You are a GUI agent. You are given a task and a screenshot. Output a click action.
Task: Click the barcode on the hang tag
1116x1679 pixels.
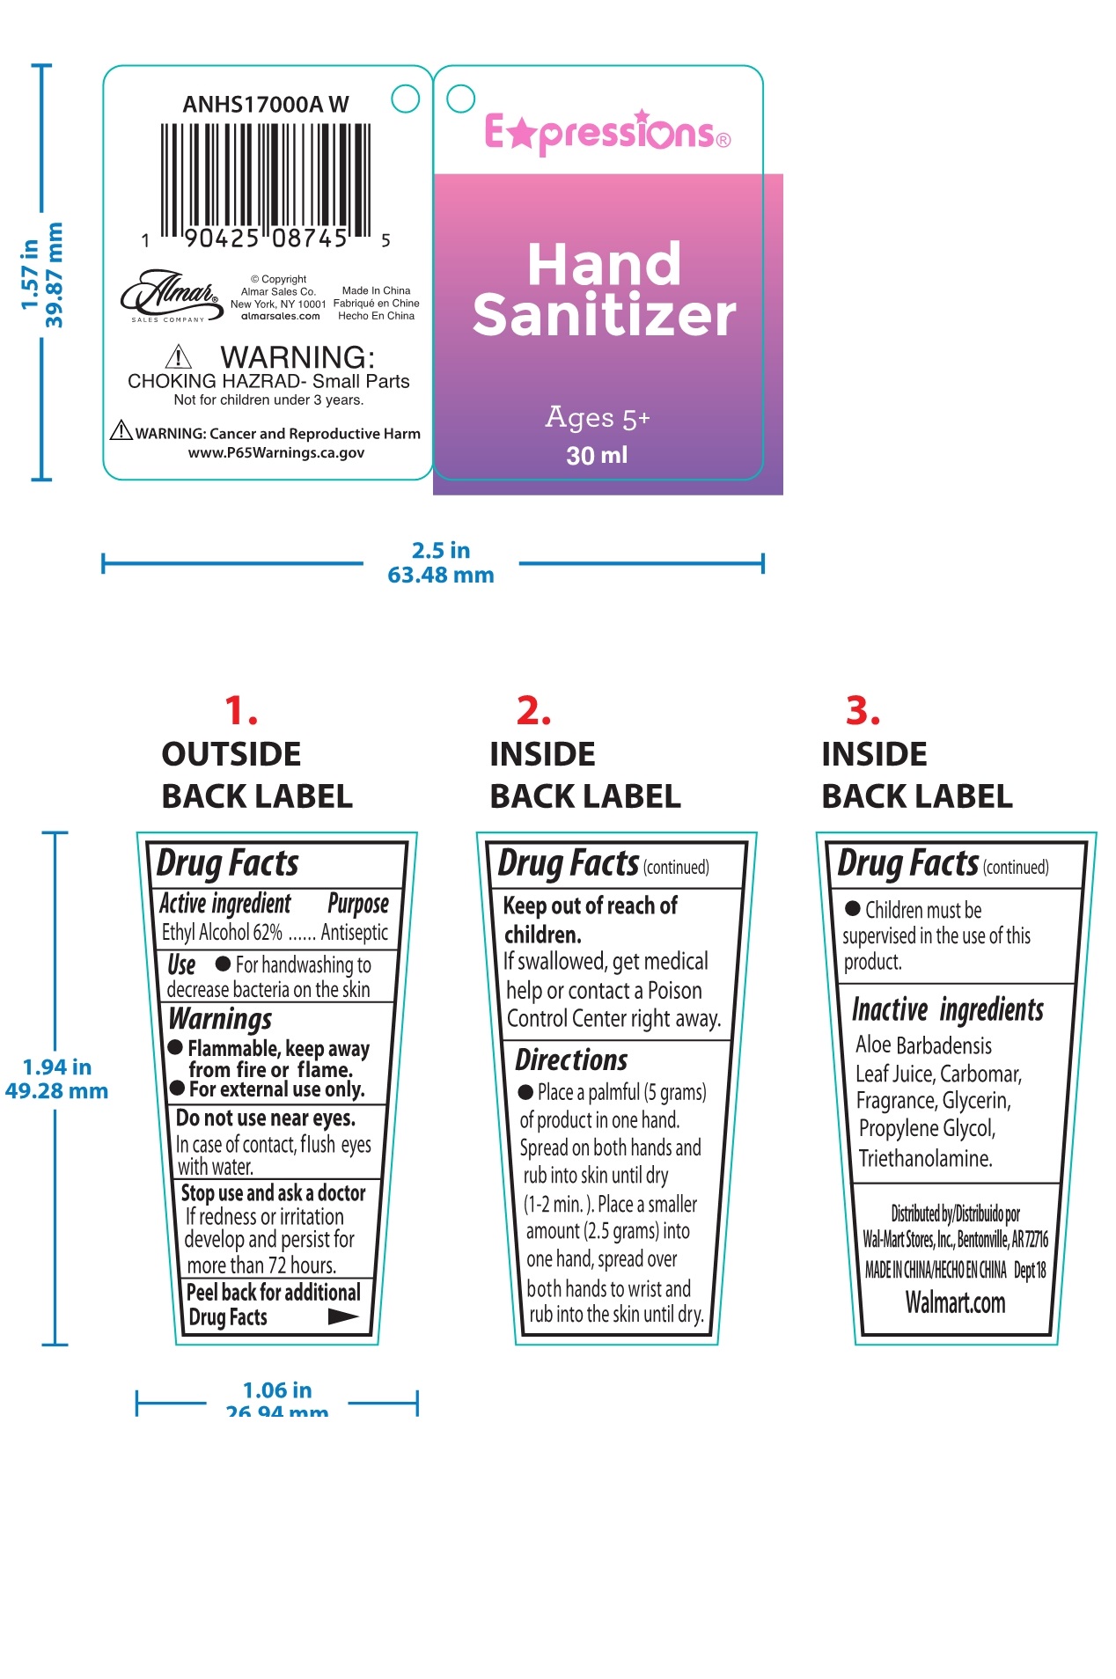pyautogui.click(x=265, y=180)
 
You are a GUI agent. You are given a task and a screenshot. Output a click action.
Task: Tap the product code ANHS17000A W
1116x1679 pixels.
pyautogui.click(x=265, y=105)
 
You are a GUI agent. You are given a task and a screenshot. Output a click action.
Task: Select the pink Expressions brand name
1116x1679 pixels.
pyautogui.click(x=606, y=133)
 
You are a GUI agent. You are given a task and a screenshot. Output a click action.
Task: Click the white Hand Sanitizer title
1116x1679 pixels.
pyautogui.click(x=604, y=290)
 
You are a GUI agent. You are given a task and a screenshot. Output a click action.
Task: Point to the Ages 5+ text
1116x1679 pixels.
pyautogui.click(x=598, y=417)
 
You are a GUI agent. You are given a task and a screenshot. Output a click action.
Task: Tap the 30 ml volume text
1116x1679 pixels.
pyautogui.click(x=597, y=456)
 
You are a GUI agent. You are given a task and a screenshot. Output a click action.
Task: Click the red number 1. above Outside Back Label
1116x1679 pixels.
pyautogui.click(x=240, y=711)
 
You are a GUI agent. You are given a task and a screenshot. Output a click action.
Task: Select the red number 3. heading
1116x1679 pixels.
pyautogui.click(x=863, y=711)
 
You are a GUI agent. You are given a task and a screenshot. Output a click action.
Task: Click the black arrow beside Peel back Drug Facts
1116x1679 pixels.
pyautogui.click(x=342, y=1316)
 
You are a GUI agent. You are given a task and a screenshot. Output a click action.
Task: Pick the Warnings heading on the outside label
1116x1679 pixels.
pyautogui.click(x=220, y=1019)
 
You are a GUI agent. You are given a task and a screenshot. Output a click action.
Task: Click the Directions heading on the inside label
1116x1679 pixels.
pyautogui.click(x=571, y=1059)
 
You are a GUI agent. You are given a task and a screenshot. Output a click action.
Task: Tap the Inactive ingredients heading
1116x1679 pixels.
pyautogui.click(x=947, y=1010)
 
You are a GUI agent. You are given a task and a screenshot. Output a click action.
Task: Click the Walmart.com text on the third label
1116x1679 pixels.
pyautogui.click(x=955, y=1302)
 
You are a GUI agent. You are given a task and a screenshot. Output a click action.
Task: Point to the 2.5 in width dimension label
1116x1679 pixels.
pyautogui.click(x=441, y=551)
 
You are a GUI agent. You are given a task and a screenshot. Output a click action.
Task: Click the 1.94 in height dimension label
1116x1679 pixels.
pyautogui.click(x=57, y=1067)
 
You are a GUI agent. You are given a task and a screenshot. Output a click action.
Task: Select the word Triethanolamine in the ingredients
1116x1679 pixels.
pyautogui.click(x=925, y=1158)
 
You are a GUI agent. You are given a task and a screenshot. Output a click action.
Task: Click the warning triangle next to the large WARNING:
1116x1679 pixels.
pyautogui.click(x=179, y=356)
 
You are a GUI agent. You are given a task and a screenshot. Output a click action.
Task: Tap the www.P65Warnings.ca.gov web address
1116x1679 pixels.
pyautogui.click(x=276, y=453)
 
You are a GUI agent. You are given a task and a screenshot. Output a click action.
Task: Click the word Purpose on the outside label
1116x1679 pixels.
pyautogui.click(x=357, y=904)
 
